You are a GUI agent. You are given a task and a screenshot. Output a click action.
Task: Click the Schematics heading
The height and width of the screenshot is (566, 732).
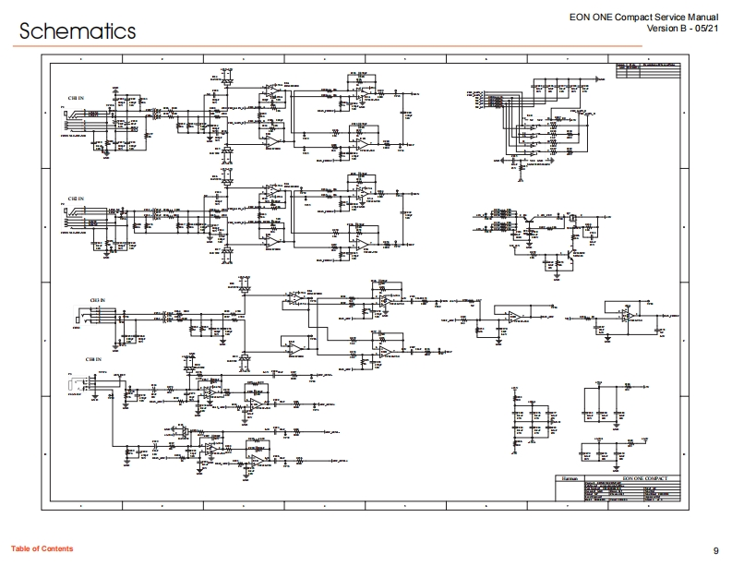[78, 30]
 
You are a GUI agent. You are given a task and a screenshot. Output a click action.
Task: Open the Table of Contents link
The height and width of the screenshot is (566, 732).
[42, 549]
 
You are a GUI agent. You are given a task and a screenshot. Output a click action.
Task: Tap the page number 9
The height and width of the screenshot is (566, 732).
[716, 549]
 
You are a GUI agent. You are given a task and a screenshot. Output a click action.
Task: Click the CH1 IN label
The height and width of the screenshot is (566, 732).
[74, 97]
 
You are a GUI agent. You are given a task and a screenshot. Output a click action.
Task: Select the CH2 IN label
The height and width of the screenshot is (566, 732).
[74, 199]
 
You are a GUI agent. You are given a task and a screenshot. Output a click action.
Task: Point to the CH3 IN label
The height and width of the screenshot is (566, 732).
[97, 301]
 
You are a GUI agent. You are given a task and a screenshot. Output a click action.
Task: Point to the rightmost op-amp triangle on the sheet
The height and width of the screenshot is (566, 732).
[627, 316]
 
